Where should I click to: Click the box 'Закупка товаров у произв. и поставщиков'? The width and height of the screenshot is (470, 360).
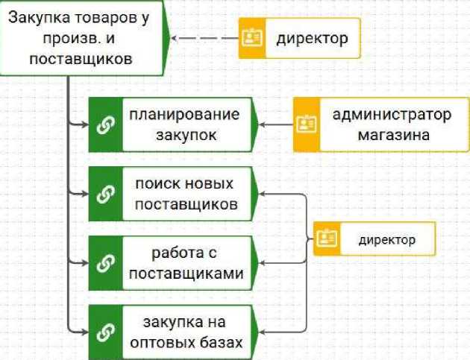pos(78,37)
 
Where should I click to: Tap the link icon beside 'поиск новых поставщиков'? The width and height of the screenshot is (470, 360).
pos(104,194)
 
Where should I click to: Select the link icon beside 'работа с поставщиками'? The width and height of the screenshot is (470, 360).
pos(104,262)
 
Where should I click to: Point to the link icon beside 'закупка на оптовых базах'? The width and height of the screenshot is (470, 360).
pos(104,332)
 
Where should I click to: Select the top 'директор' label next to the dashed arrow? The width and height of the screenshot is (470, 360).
pos(312,38)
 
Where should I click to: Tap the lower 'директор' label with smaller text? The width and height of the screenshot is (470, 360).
pos(386,239)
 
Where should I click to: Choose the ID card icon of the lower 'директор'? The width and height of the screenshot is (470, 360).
pos(327,239)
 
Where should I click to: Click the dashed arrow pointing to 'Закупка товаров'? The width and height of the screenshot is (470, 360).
pos(203,38)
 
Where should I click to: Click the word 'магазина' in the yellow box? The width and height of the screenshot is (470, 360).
pos(392,136)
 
